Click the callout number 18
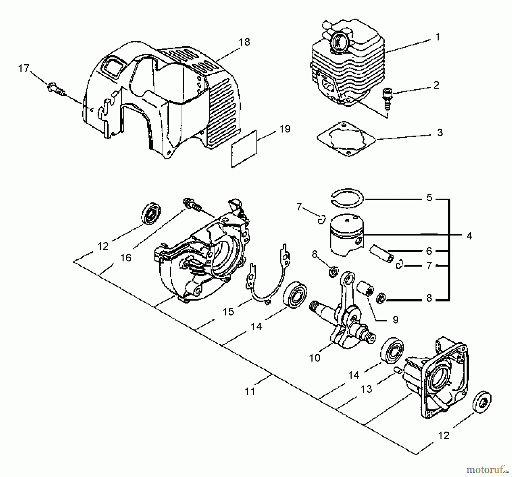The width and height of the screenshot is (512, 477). point(244,42)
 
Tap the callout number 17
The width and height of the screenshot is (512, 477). point(24,68)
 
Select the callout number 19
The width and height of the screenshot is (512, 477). point(285,129)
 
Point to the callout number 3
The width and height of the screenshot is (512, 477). point(440,133)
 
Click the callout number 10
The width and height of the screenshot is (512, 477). point(315,358)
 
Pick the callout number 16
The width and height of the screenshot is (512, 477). point(126,258)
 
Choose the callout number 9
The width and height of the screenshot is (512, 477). point(395,320)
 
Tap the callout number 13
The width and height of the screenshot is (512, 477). point(366,389)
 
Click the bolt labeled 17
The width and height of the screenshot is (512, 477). point(55,88)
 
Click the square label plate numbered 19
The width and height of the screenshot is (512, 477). point(244,149)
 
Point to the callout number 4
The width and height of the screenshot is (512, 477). point(469,236)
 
